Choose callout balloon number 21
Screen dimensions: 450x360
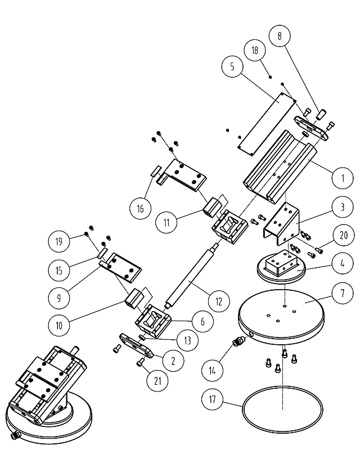coord(158,381)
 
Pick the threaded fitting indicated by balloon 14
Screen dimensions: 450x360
coord(239,341)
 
